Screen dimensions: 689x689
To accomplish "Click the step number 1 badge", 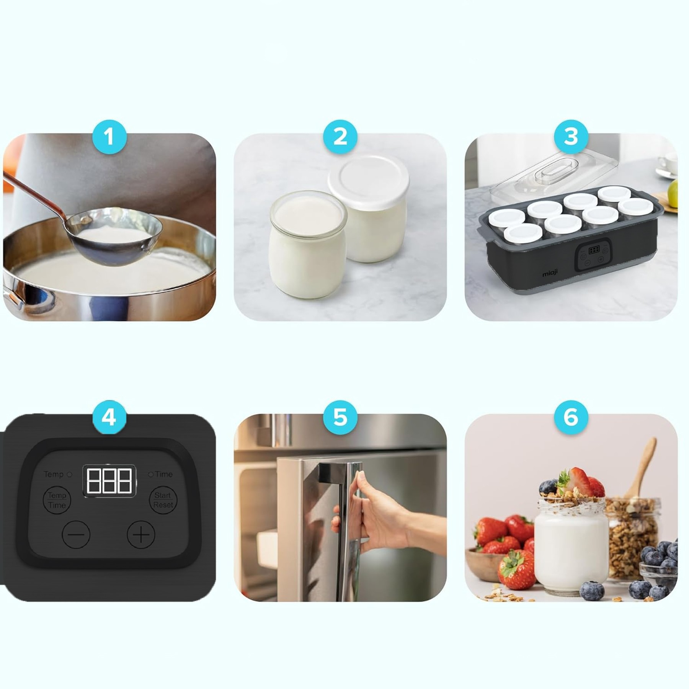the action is click(x=109, y=137).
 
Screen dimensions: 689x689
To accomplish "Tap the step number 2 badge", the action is click(x=340, y=137).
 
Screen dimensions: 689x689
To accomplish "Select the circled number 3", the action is click(x=571, y=137).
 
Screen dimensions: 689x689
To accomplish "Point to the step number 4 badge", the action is click(x=109, y=417).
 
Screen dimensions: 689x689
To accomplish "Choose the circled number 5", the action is click(x=340, y=417).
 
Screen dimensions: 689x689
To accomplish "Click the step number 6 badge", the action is click(x=571, y=417).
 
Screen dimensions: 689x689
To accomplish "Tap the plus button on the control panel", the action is click(x=141, y=534).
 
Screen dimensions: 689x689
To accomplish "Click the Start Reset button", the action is click(x=163, y=500).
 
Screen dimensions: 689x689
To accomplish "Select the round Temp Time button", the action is click(x=57, y=500).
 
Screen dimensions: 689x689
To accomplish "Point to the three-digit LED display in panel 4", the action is click(x=109, y=481).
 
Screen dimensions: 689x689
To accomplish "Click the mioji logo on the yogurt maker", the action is click(x=550, y=273).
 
